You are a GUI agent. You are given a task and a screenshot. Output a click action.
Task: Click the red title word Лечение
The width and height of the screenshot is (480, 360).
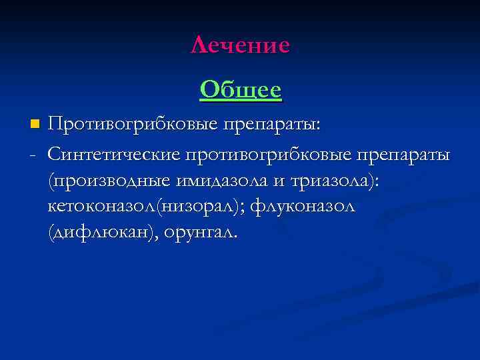pos(240,45)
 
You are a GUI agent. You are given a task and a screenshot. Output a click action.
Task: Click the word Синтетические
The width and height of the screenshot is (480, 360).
pos(114,155)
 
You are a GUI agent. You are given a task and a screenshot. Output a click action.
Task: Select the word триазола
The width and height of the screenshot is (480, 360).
pos(322,182)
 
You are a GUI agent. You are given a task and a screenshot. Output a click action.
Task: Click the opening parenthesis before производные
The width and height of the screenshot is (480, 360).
pos(51,182)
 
